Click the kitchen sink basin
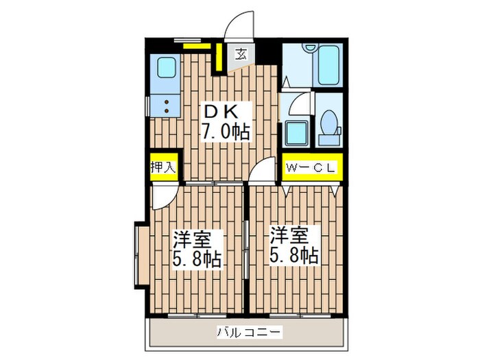tap(167, 68)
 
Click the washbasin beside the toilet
tap(298, 130)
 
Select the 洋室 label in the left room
tap(191, 239)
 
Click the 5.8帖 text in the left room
tap(196, 259)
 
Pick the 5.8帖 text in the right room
tap(293, 256)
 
